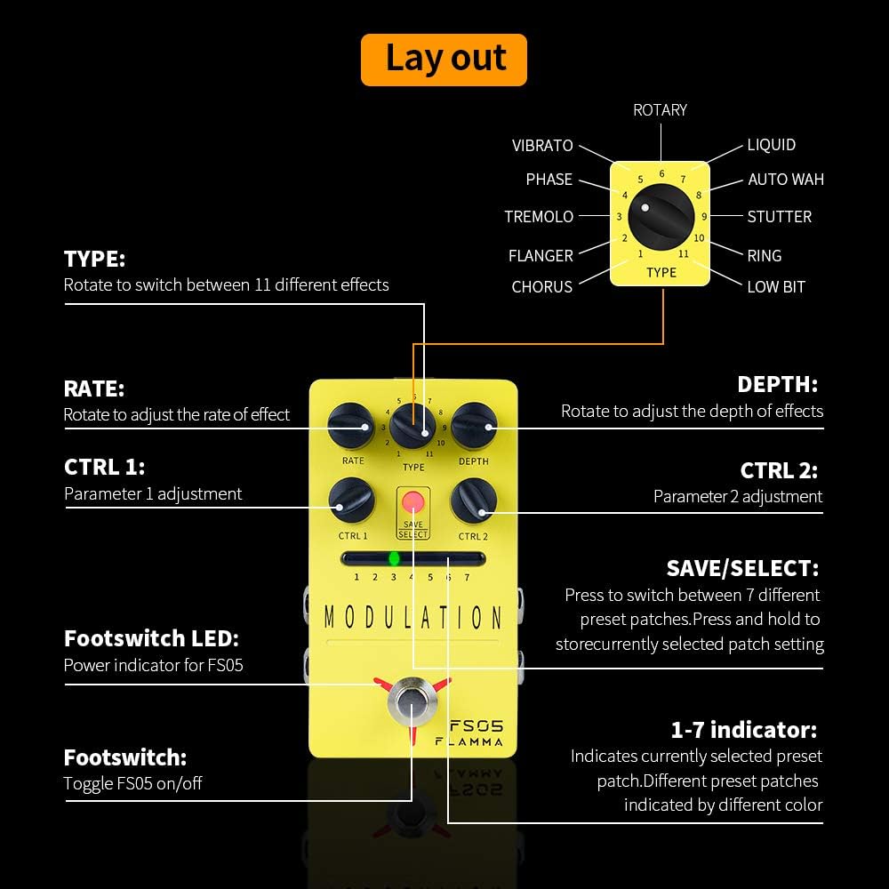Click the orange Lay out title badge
pos(444,60)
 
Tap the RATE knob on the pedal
pos(350,426)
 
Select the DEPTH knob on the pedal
pos(473,425)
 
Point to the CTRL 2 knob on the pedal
pos(473,501)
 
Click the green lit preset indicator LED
pos(395,558)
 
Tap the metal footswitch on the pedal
pos(412,702)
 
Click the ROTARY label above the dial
pos(660,110)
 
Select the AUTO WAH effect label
pos(786,180)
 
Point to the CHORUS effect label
pos(542,287)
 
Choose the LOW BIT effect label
pos(776,287)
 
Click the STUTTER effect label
pos(780,217)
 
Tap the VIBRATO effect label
pos(542,146)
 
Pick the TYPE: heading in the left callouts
pos(95,260)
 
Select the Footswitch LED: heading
pos(151,638)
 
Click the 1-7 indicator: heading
pos(744,730)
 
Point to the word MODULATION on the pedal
pos(412,617)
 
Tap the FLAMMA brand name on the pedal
pos(469,741)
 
